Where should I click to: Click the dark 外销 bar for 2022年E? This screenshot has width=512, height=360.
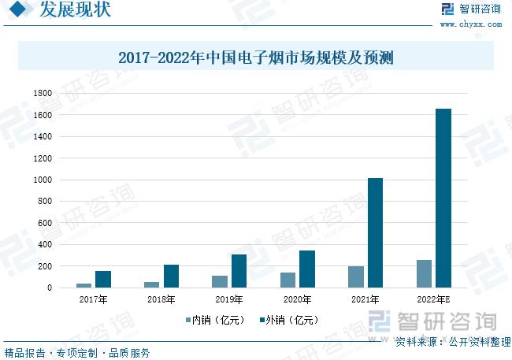pyautogui.click(x=443, y=198)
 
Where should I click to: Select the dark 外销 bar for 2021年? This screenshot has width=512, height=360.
pyautogui.click(x=375, y=232)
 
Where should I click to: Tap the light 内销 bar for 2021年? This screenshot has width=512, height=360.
pyautogui.click(x=356, y=276)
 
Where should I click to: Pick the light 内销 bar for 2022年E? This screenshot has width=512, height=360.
pyautogui.click(x=425, y=273)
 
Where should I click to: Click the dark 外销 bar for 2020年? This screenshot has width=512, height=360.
pyautogui.click(x=307, y=269)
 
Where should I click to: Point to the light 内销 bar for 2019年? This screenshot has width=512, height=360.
pyautogui.click(x=220, y=281)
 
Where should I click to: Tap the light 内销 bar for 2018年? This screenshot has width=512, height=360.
pyautogui.click(x=152, y=284)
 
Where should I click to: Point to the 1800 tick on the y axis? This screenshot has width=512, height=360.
pyautogui.click(x=43, y=94)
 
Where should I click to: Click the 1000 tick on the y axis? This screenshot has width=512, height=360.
pyautogui.click(x=43, y=180)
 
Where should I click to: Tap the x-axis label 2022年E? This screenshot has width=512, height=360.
pyautogui.click(x=433, y=300)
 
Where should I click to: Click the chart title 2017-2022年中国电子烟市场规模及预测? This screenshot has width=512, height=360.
pyautogui.click(x=255, y=58)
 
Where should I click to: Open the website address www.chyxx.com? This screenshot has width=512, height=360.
pyautogui.click(x=471, y=24)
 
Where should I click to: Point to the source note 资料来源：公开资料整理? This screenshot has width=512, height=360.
pyautogui.click(x=452, y=342)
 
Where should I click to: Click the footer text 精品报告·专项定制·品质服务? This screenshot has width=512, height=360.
pyautogui.click(x=77, y=352)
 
